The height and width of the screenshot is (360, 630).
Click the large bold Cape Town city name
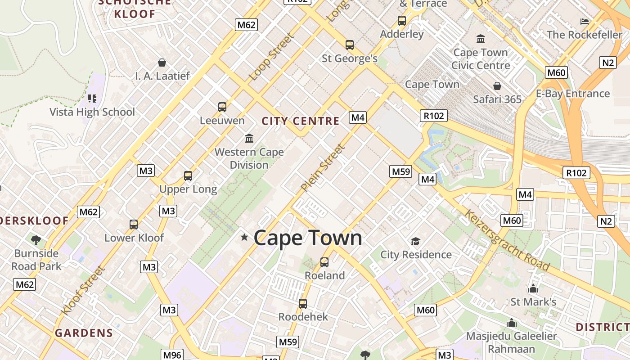pyautogui.click(x=308, y=238)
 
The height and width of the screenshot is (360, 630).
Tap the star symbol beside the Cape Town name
pyautogui.click(x=244, y=237)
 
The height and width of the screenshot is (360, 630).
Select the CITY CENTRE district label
pyautogui.click(x=301, y=121)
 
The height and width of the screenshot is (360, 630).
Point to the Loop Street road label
pyautogui.click(x=271, y=57)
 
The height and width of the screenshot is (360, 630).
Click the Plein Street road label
pyautogui.click(x=323, y=167)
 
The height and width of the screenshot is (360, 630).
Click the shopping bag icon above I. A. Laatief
pyautogui.click(x=162, y=63)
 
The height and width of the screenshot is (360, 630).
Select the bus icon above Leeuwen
pyautogui.click(x=222, y=107)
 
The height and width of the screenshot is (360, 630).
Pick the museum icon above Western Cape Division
pyautogui.click(x=249, y=138)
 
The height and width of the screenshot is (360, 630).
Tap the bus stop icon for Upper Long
pyautogui.click(x=188, y=176)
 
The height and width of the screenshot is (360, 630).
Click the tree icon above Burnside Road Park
pyautogui.click(x=36, y=240)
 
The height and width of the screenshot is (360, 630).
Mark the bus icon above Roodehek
pyautogui.click(x=303, y=304)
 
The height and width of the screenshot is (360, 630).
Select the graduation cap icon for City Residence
pyautogui.click(x=415, y=242)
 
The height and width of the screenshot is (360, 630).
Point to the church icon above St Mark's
pyautogui.click(x=533, y=288)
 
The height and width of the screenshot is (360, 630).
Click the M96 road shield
pyautogui.click(x=172, y=355)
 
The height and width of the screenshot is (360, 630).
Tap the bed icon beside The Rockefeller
pyautogui.click(x=585, y=21)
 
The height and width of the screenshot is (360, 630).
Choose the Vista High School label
pyautogui.click(x=92, y=112)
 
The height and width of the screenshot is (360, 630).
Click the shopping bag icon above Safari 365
pyautogui.click(x=497, y=86)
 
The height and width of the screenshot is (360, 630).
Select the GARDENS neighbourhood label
pyautogui.click(x=84, y=333)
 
